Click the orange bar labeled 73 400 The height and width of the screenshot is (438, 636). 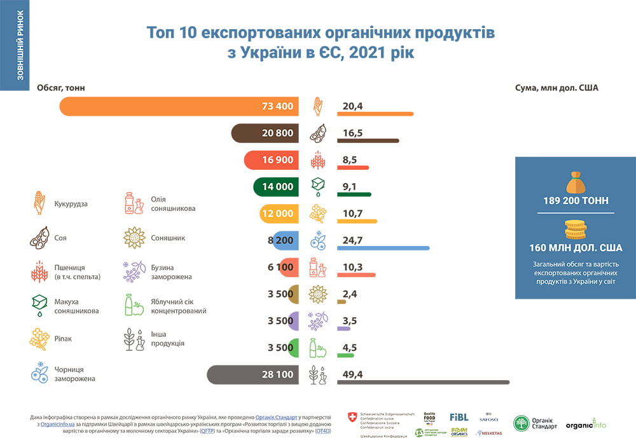(178, 106)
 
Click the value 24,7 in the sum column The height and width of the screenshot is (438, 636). (352, 240)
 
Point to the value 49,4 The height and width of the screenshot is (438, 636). (352, 374)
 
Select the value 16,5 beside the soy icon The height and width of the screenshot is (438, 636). (352, 133)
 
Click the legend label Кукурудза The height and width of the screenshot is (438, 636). (71, 204)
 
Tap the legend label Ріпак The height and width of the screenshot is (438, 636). (64, 339)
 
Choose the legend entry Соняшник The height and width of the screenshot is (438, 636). (168, 238)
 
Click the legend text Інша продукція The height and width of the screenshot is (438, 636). (167, 338)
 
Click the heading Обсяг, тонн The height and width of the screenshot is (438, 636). (61, 88)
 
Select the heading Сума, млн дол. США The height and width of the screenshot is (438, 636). (556, 88)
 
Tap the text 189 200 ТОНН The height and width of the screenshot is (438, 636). (576, 200)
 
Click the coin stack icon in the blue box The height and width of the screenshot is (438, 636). (576, 229)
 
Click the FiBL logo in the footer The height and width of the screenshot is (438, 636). (459, 418)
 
